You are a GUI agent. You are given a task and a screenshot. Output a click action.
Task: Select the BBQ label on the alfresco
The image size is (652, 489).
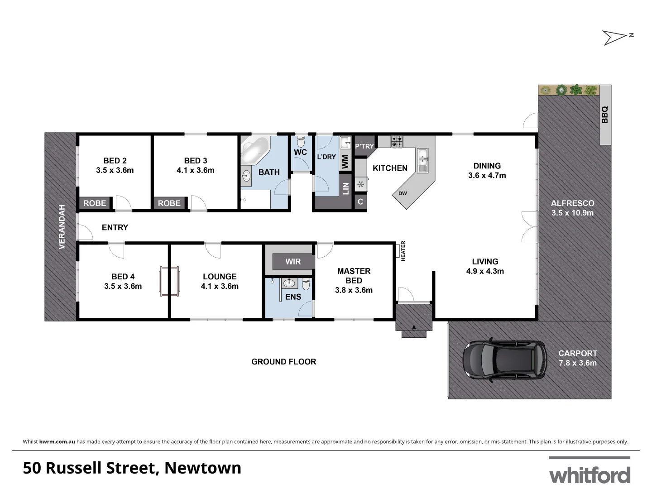tap(605, 115)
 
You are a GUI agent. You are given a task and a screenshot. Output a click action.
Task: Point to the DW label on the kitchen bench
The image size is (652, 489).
tap(403, 194)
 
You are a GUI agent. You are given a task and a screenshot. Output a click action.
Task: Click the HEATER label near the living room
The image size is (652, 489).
tap(403, 251)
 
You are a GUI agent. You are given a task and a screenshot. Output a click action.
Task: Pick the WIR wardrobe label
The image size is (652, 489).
tap(293, 262)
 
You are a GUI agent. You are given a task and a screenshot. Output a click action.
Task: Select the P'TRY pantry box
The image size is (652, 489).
tap(364, 146)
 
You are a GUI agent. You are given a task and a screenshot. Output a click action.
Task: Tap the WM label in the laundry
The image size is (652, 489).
tap(345, 162)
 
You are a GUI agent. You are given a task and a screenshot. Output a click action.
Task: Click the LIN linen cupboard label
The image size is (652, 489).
tap(345, 188)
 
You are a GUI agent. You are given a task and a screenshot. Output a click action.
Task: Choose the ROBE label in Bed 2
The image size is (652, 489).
tap(95, 203)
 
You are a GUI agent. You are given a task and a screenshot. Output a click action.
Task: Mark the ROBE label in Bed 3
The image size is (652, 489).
tap(169, 203)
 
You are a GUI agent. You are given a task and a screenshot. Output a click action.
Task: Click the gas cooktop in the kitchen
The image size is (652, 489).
tap(397, 142)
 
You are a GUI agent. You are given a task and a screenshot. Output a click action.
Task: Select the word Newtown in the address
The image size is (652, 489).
tap(203, 468)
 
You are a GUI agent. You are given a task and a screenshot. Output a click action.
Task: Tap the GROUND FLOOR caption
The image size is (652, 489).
tap(284, 362)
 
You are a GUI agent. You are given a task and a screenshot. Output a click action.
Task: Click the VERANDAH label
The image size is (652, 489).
tap(62, 227)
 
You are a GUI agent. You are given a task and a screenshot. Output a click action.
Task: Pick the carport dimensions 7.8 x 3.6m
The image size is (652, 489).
tap(577, 363)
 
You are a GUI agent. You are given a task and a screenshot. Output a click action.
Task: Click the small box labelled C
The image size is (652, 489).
tap(360, 202)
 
